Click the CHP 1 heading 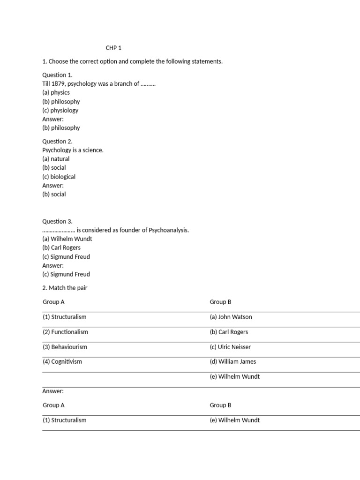tap(113, 48)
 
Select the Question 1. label tap(57, 75)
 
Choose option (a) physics tap(56, 92)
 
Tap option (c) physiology tap(60, 111)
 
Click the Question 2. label tap(57, 142)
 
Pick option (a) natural tap(56, 159)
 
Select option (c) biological tap(59, 177)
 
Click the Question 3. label tap(57, 221)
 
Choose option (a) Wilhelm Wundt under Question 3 tap(67, 239)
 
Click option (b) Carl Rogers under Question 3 tap(61, 247)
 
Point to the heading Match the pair tap(68, 288)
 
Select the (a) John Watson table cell tap(231, 317)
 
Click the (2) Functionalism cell tap(65, 332)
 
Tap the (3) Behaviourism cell tap(65, 347)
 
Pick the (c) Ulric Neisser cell tap(230, 347)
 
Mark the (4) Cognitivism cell tap(62, 361)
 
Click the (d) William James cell tap(233, 361)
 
